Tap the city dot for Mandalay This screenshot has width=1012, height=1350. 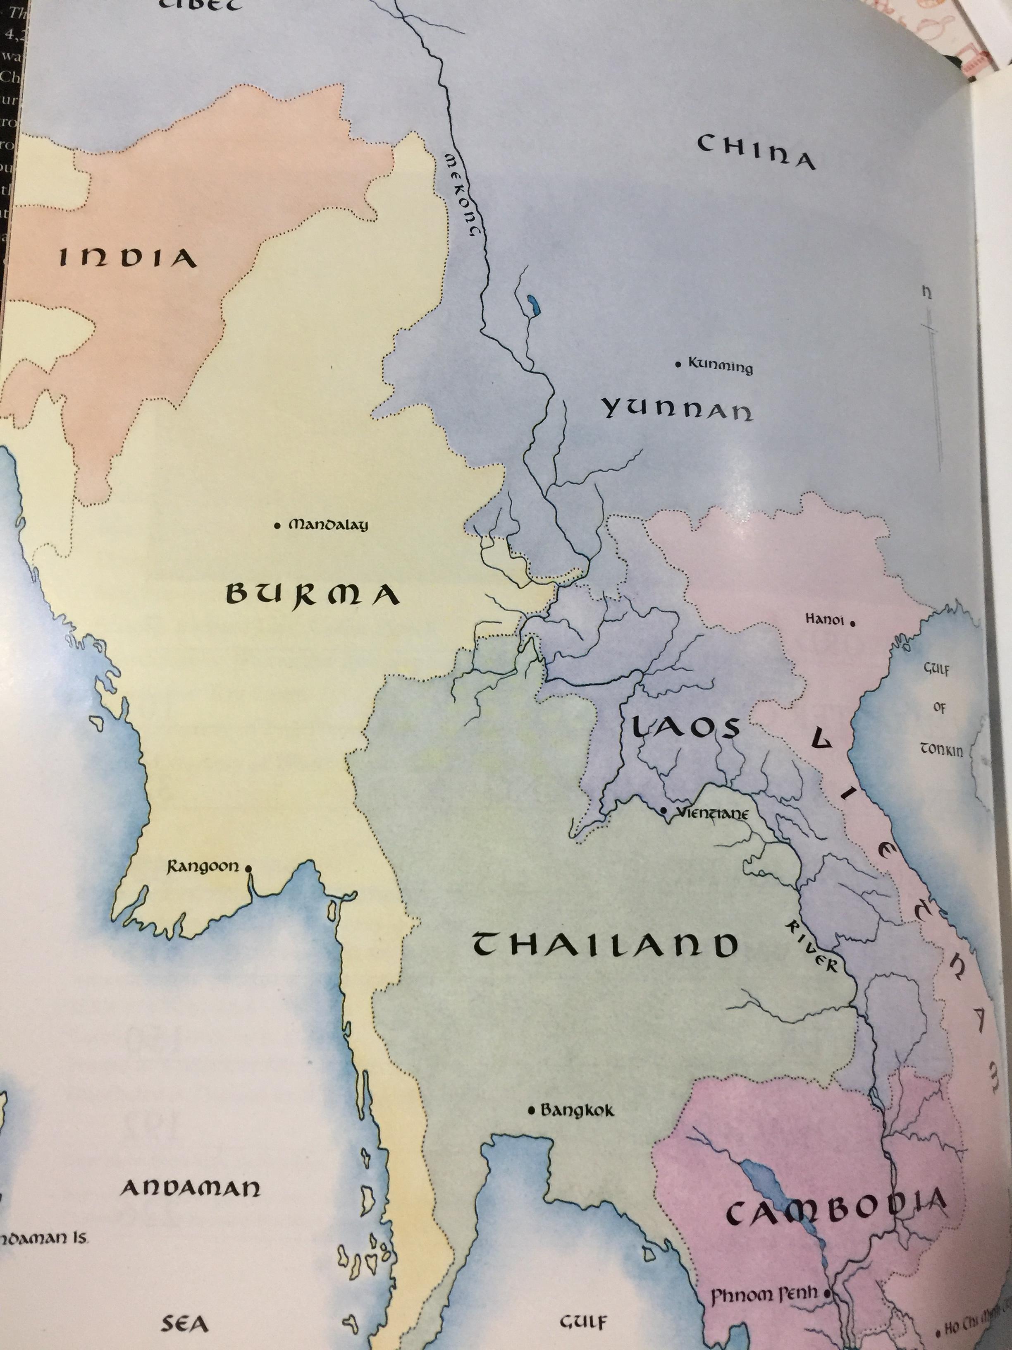click(277, 525)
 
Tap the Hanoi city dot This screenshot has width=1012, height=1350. click(852, 624)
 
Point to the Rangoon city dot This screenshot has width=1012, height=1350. click(248, 867)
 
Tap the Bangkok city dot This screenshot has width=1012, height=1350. click(531, 1110)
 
